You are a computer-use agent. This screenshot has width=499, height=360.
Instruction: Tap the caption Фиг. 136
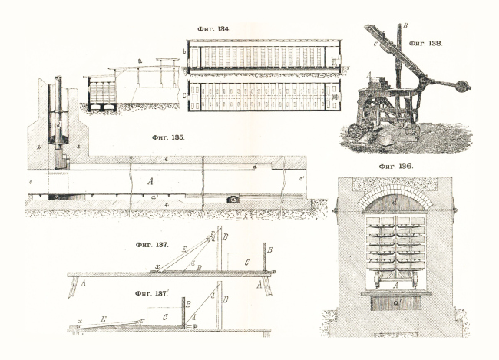pyautogui.click(x=396, y=167)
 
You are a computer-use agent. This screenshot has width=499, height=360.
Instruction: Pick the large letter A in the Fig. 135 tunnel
pyautogui.click(x=150, y=181)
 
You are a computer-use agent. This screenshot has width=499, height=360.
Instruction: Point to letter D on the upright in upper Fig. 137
pyautogui.click(x=224, y=236)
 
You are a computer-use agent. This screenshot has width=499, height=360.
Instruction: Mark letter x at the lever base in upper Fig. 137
pyautogui.click(x=157, y=266)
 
